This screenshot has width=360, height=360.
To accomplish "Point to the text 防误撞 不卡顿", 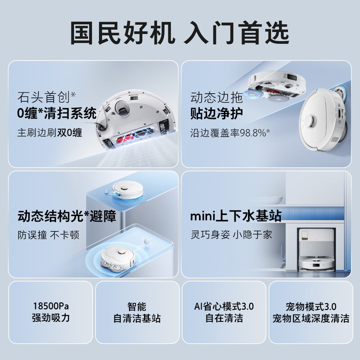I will coord(48,235).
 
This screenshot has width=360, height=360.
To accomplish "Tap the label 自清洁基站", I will coord(137,318).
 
